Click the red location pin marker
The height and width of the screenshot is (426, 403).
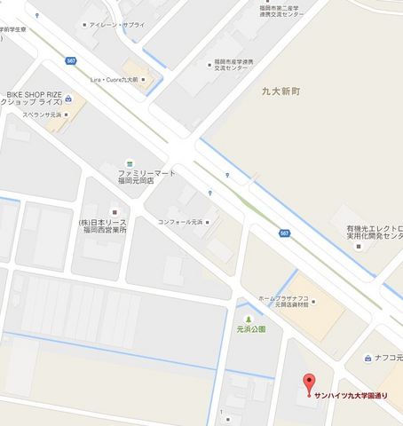point(309,384)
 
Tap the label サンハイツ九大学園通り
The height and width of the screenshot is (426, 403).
point(360,396)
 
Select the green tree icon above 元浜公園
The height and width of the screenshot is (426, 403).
point(249,318)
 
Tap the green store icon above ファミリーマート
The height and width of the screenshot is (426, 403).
point(130,162)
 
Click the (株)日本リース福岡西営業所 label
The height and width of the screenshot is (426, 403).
point(102,226)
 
